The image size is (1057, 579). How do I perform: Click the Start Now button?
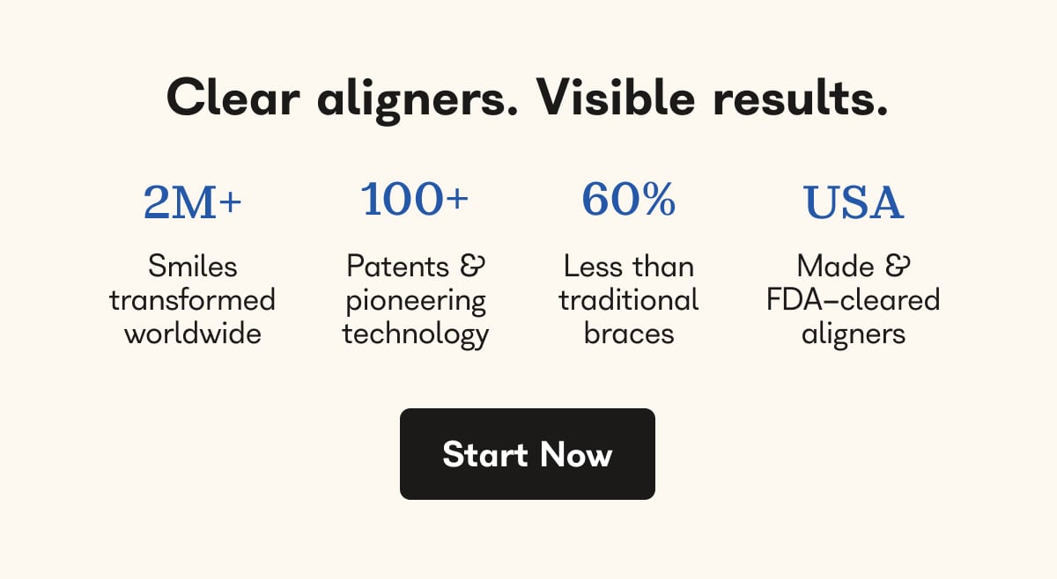coord(527,454)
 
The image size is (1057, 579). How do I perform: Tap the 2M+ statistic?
coord(192,202)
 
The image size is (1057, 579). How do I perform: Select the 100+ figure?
coord(415,199)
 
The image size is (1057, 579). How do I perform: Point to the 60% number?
coord(628,199)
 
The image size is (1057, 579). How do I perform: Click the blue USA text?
coord(853,202)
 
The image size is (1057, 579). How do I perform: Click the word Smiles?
coord(192,266)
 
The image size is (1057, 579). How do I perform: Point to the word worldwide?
coord(192,333)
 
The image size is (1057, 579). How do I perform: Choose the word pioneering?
coord(415,301)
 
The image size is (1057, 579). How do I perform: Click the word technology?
coord(415,334)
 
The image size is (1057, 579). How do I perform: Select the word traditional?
coord(628,300)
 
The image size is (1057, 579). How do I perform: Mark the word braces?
coord(628,333)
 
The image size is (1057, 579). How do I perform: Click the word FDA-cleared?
coord(853,300)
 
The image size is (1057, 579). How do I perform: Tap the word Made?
coord(835,266)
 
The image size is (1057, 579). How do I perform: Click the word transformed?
coord(192,300)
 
